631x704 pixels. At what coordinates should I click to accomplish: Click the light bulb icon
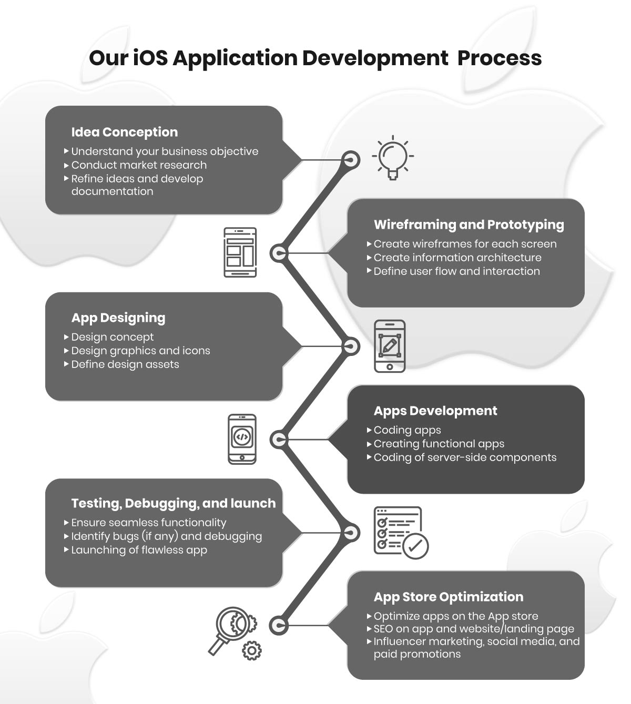[393, 157]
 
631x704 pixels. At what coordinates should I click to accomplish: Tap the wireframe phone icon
[240, 252]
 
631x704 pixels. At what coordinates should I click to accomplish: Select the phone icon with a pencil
[390, 346]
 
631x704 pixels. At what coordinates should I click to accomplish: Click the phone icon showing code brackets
[242, 439]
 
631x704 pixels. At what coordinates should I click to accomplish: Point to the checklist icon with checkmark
[401, 533]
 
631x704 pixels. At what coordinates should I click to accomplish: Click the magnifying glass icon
[234, 635]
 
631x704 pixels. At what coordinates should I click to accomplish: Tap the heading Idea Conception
[125, 132]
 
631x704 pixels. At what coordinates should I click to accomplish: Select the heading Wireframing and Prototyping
[469, 225]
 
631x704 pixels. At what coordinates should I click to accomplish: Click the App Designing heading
[118, 318]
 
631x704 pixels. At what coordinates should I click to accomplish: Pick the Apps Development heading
[435, 411]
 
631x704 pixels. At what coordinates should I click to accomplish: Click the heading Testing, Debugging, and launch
[174, 504]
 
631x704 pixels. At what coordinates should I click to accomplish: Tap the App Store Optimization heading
[449, 597]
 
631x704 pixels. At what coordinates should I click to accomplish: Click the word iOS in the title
[150, 58]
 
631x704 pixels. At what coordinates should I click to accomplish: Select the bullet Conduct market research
[139, 165]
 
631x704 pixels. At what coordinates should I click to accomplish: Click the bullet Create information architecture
[457, 258]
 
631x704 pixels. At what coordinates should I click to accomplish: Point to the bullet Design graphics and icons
[140, 351]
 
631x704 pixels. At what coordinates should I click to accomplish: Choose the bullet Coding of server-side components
[465, 457]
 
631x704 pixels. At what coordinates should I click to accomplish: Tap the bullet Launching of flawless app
[139, 550]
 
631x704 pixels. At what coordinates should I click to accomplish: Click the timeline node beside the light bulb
[350, 160]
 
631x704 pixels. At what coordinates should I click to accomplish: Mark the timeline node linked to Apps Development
[279, 440]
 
